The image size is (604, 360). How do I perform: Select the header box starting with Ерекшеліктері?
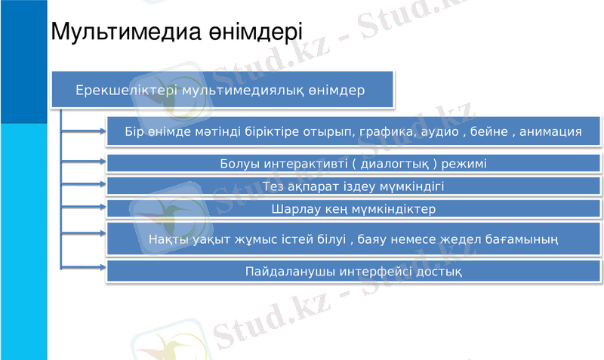click(x=222, y=90)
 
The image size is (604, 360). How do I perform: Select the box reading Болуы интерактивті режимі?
click(x=353, y=163)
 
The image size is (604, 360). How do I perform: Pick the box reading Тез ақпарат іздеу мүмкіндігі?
click(x=353, y=186)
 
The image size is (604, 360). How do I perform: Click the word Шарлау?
click(x=294, y=208)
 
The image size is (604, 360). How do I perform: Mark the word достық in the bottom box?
click(x=442, y=270)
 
